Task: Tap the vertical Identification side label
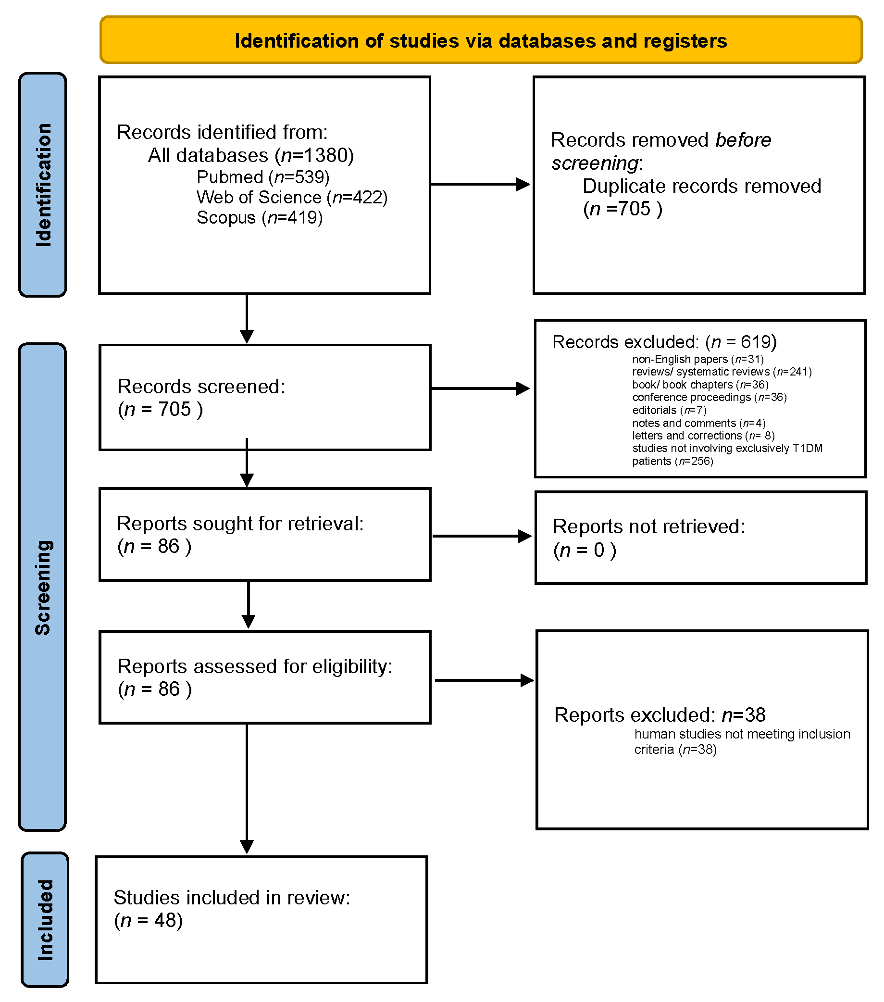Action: (43, 185)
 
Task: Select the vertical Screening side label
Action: (43, 587)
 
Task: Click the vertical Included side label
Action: (45, 920)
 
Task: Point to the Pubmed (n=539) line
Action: (262, 177)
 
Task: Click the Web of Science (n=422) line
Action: (292, 197)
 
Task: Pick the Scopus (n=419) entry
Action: (259, 217)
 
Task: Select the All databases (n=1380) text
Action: (250, 155)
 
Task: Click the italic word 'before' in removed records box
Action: (742, 140)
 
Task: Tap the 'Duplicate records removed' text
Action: (701, 186)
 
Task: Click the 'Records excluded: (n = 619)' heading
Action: (664, 342)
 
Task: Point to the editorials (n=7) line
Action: (669, 410)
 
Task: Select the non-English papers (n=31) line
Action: (697, 359)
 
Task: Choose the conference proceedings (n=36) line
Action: (709, 397)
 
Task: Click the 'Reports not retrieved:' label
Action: (648, 526)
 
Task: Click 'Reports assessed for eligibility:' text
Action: (255, 666)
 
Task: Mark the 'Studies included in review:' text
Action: (232, 898)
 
